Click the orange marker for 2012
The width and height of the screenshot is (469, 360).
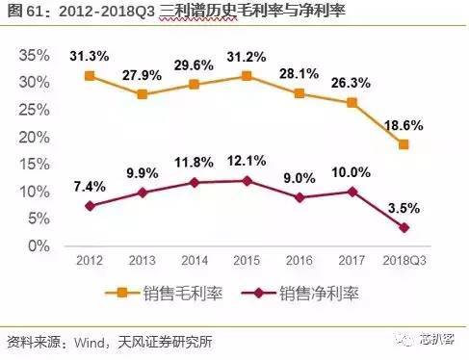click(90, 75)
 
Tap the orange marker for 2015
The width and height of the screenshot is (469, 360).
click(248, 76)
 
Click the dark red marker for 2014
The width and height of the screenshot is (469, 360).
click(195, 182)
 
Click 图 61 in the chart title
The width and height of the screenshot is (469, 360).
click(24, 13)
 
